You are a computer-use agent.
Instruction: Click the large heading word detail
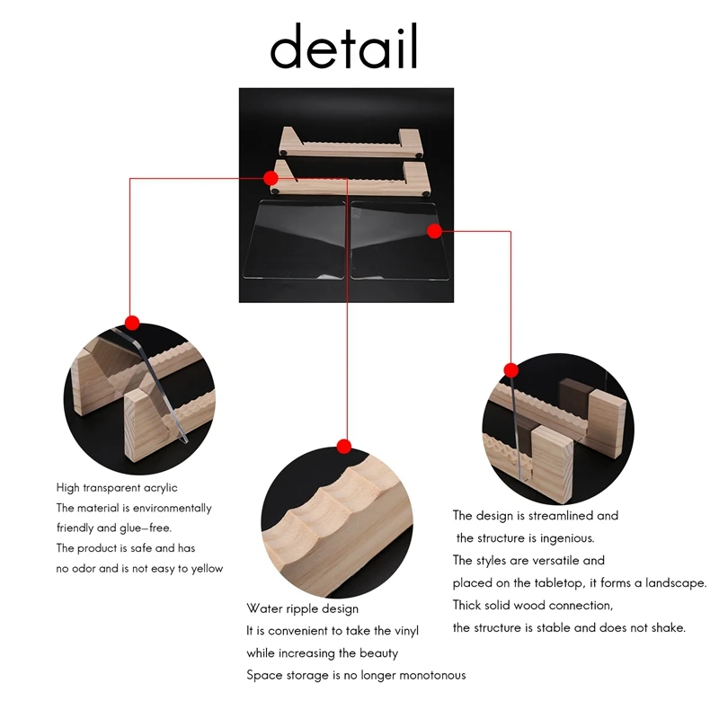point(344,47)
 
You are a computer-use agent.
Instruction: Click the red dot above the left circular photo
point(132,322)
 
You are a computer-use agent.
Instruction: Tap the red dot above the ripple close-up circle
point(343,446)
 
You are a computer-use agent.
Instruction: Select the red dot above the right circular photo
point(510,369)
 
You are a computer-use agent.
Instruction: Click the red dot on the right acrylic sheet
point(434,231)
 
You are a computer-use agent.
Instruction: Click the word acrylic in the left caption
point(157,488)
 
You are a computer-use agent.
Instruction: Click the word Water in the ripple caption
point(264,608)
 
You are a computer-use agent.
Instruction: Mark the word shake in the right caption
point(670,627)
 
